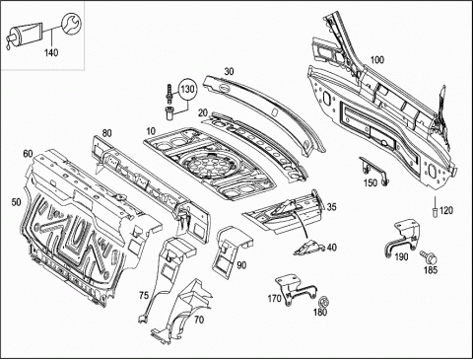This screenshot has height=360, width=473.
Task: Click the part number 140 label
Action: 51,52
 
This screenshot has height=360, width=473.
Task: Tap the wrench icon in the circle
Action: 71,24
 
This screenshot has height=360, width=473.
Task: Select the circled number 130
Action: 187,90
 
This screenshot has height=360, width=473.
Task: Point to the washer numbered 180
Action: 324,302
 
